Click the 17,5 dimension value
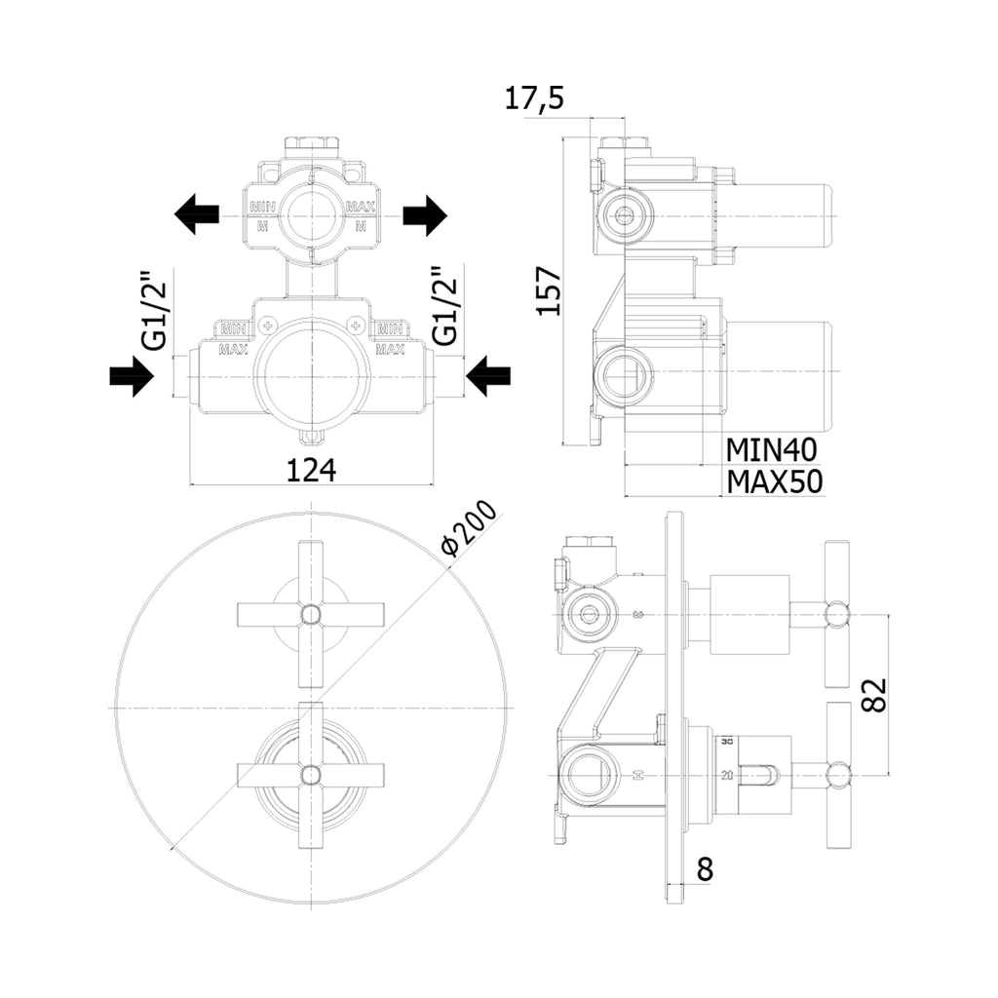pyautogui.click(x=535, y=98)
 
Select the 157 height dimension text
pyautogui.click(x=551, y=289)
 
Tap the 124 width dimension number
pyautogui.click(x=311, y=471)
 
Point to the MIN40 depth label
pyautogui.click(x=771, y=448)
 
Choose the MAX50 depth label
pyautogui.click(x=775, y=481)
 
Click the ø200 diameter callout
pyautogui.click(x=469, y=531)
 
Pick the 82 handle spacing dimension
pyautogui.click(x=874, y=696)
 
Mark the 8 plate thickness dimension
pyautogui.click(x=705, y=867)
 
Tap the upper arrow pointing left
pyautogui.click(x=197, y=212)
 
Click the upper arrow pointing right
pyautogui.click(x=424, y=214)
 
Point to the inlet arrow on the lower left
pyautogui.click(x=132, y=375)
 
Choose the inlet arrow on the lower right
pyautogui.click(x=488, y=375)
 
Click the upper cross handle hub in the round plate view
pyautogui.click(x=311, y=613)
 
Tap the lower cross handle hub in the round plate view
pyautogui.click(x=311, y=775)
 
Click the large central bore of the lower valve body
pyautogui.click(x=311, y=375)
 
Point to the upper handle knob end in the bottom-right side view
pyautogui.click(x=836, y=614)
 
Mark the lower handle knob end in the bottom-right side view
pyautogui.click(x=836, y=776)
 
